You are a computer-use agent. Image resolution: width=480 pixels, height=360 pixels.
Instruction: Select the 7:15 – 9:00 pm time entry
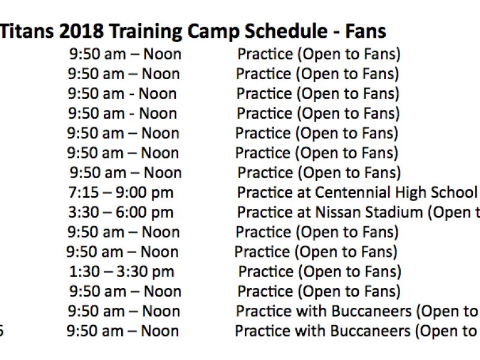pos(121,193)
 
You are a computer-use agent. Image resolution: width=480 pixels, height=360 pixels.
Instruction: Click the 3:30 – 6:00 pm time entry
pos(121,212)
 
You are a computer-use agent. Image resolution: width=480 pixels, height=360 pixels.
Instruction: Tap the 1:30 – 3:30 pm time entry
pos(121,272)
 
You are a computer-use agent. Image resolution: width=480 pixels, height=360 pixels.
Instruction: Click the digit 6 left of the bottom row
pos(2,331)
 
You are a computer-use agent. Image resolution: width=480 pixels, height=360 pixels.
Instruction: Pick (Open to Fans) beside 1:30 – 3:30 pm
pos(352,272)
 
